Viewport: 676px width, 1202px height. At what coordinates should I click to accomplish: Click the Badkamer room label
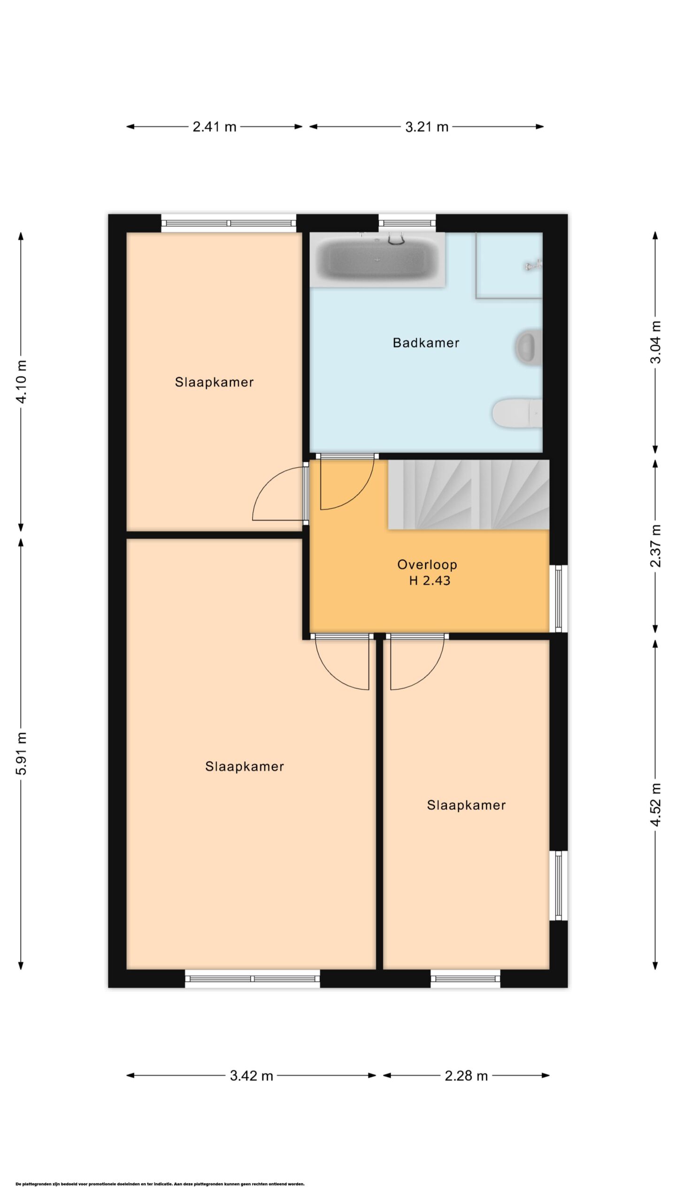[426, 343]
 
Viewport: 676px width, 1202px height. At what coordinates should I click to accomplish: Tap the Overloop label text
[427, 564]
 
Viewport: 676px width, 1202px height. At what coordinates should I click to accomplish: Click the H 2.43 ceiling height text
[430, 581]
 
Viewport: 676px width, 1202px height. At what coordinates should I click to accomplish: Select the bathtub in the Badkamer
[377, 260]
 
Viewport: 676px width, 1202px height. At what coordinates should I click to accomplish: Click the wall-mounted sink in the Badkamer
[529, 347]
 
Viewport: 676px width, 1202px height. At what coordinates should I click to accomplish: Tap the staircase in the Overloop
[469, 494]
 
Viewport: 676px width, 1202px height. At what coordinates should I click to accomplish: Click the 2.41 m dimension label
[215, 127]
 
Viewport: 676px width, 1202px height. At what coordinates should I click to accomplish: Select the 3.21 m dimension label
[427, 127]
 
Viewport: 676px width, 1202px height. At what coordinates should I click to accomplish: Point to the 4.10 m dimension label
[22, 381]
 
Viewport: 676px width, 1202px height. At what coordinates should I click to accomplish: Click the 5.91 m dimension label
[22, 753]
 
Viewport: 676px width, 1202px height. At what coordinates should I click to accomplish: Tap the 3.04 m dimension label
[655, 342]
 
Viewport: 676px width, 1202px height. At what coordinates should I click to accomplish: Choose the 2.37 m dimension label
[655, 546]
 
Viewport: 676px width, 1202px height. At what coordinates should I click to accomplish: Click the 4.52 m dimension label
[655, 805]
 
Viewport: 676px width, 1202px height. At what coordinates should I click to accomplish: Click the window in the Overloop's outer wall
[559, 599]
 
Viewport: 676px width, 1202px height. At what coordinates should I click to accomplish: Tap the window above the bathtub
[407, 223]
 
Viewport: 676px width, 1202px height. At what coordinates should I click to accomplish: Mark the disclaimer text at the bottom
[160, 1184]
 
